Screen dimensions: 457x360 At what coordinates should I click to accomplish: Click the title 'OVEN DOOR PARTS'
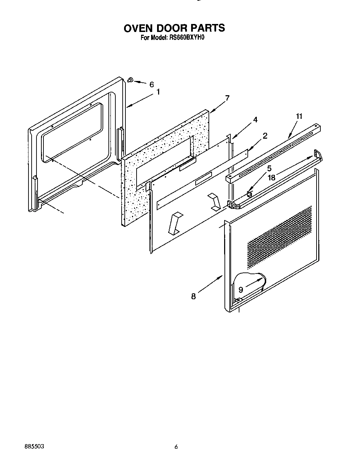(174, 28)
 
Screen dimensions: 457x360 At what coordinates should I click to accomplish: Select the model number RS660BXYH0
(187, 38)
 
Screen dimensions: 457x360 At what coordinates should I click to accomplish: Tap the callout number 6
(151, 84)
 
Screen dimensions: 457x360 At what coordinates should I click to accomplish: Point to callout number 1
(158, 92)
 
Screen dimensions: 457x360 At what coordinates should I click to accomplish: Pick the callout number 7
(227, 98)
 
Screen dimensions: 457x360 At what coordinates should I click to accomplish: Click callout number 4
(255, 120)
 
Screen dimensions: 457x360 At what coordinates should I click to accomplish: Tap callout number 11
(299, 116)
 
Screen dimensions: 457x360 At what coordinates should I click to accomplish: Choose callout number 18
(271, 178)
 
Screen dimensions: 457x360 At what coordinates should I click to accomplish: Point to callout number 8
(193, 296)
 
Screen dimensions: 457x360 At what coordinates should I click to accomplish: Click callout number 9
(240, 290)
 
